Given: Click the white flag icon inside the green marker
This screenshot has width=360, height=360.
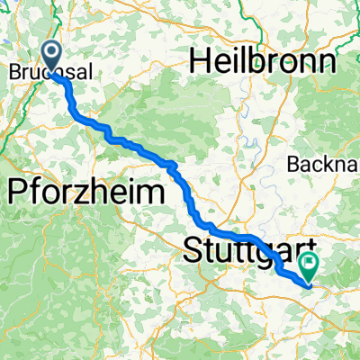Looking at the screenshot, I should tap(310, 265).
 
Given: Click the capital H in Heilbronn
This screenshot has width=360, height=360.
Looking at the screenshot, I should tap(199, 62).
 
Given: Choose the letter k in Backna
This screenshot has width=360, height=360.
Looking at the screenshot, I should tap(337, 164).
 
